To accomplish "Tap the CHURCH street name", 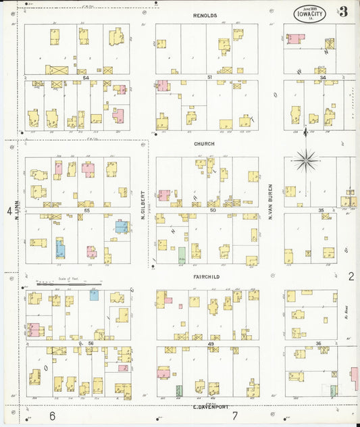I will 204,144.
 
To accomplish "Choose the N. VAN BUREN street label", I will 270,201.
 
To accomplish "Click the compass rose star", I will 307,160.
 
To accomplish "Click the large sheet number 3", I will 344,11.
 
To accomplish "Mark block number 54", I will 86,78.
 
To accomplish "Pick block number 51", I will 210,78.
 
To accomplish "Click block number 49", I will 211,344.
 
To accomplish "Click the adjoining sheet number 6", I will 52,416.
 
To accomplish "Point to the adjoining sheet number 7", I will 235,416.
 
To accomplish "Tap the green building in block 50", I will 182,255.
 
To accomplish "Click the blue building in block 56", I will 94,295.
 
